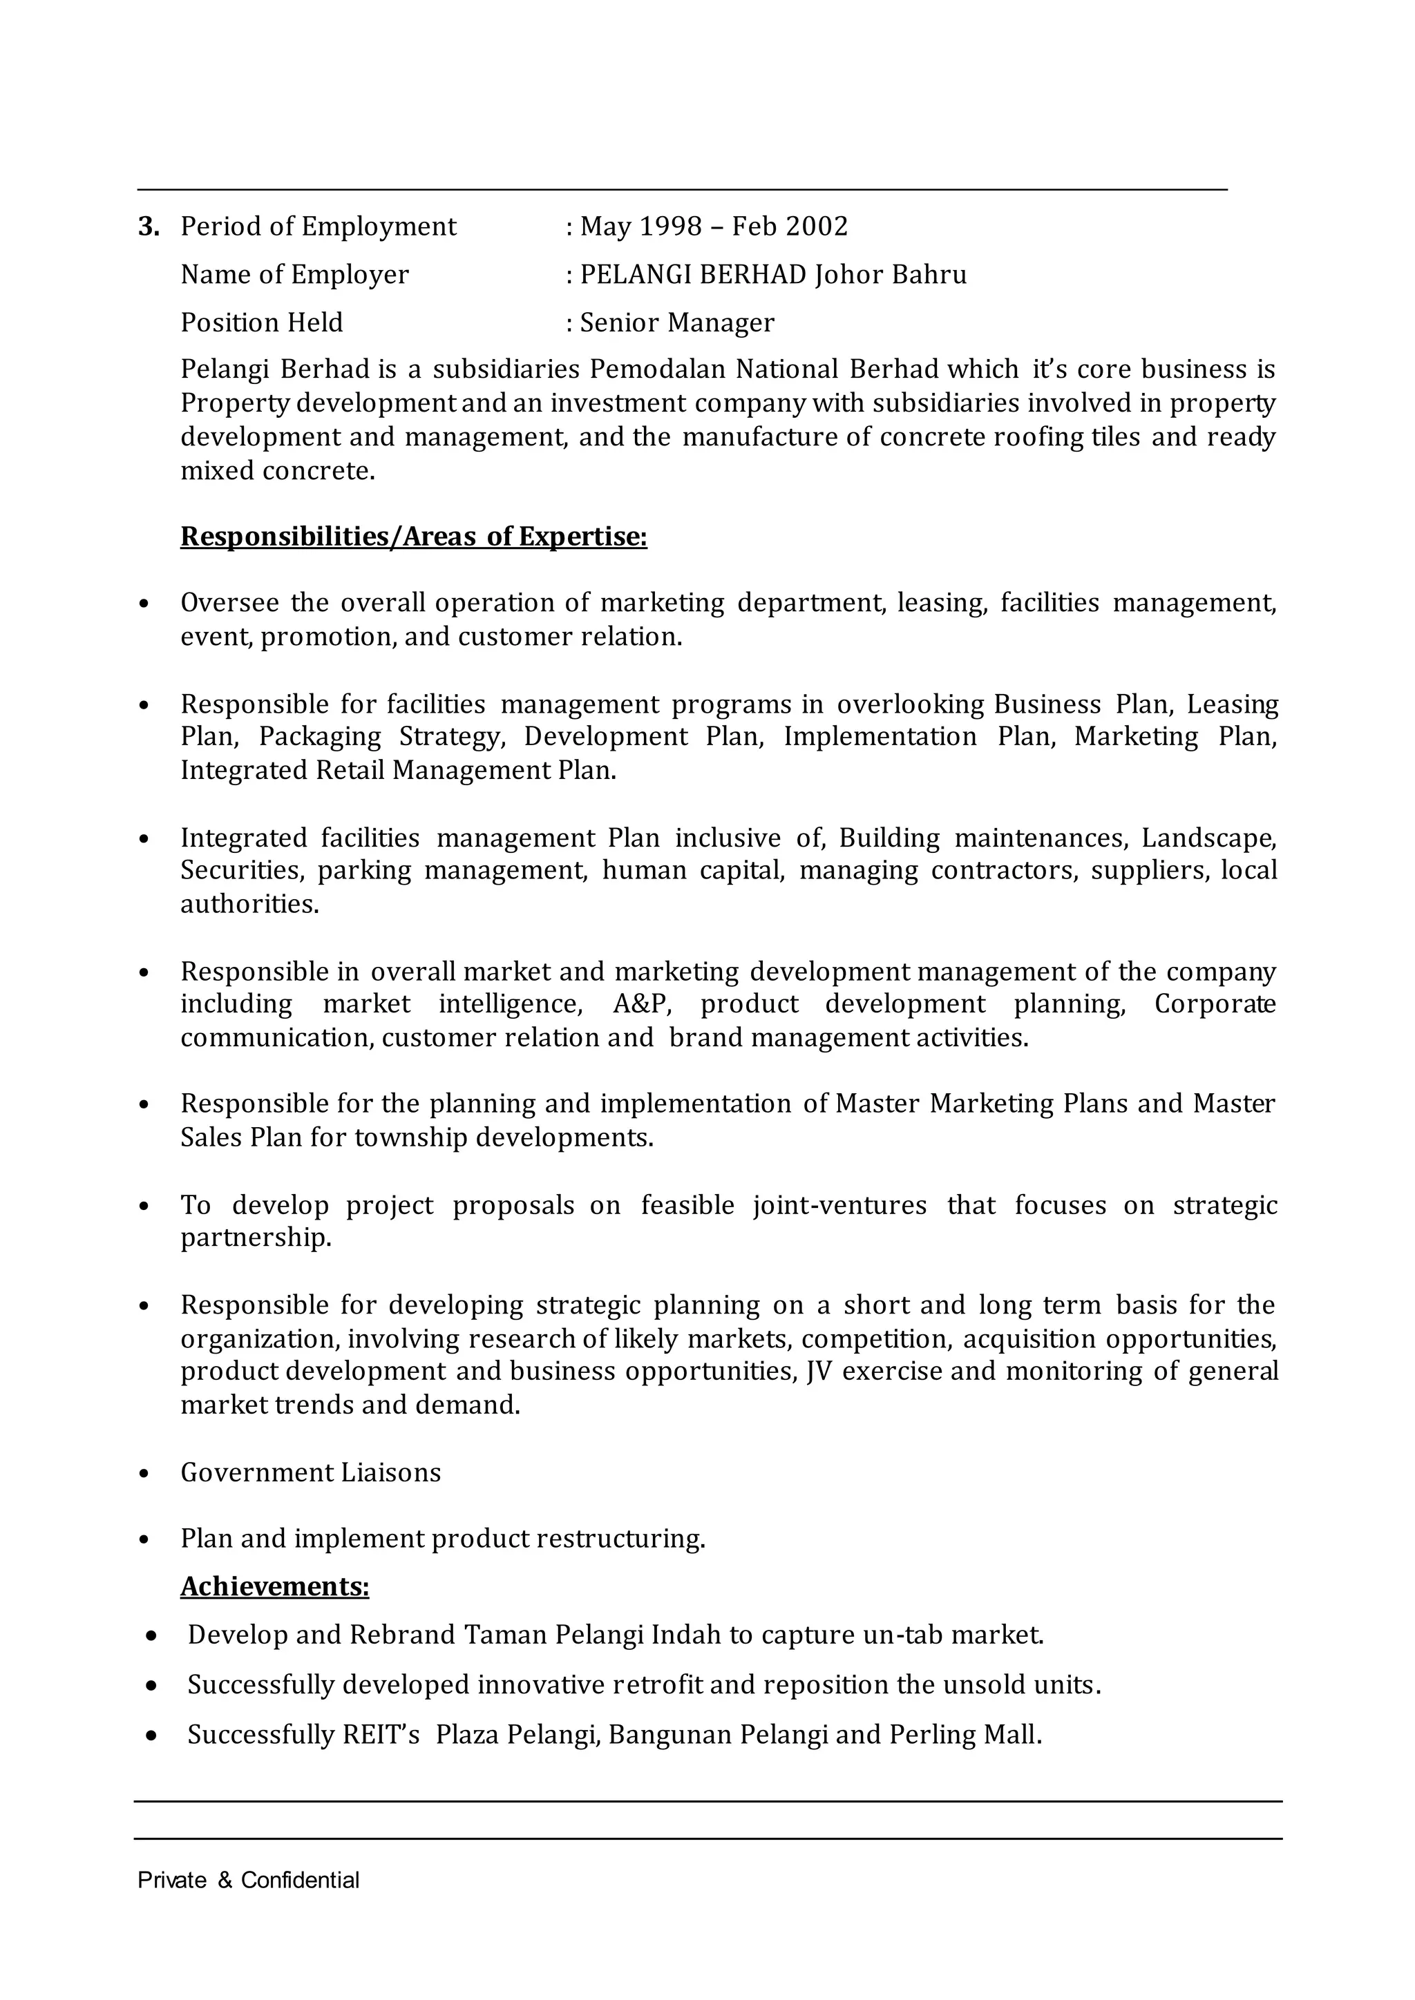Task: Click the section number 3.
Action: coord(148,227)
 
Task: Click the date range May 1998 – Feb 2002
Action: coord(713,227)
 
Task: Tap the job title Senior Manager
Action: coord(676,323)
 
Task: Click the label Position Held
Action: coord(261,323)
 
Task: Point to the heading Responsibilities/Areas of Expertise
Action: coord(413,537)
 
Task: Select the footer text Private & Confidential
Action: coord(248,1881)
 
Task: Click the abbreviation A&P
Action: coord(641,1004)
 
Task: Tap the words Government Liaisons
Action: coord(310,1472)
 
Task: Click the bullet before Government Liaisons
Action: coord(144,1474)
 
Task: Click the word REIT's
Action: coord(381,1735)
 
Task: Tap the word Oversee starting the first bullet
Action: coord(229,603)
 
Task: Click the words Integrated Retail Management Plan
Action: coord(397,771)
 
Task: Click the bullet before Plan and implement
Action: coord(144,1540)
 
